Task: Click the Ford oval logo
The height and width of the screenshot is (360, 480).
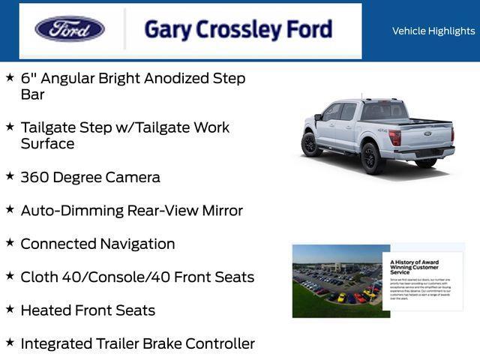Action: (70, 29)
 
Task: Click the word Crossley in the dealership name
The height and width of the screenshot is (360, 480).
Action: (238, 30)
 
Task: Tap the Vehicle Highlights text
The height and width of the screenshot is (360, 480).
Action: (433, 31)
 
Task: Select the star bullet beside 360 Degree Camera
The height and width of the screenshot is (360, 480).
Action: (10, 176)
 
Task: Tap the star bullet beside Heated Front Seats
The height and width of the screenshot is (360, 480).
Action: (10, 309)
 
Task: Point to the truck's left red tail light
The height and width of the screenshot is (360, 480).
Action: (394, 138)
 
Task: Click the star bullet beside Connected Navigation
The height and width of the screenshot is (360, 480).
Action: (10, 243)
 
